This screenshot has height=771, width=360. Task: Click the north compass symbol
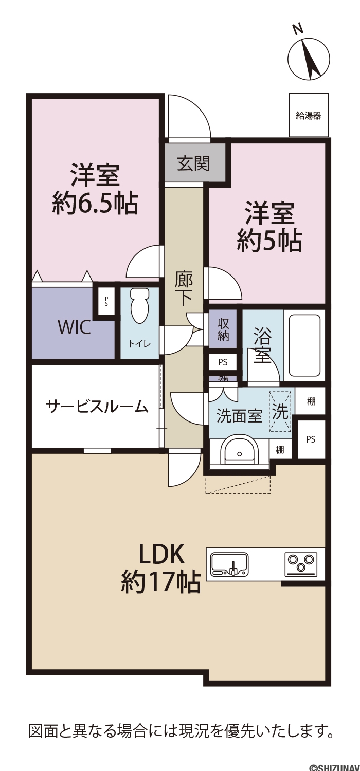(309, 59)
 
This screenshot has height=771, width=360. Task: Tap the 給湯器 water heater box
(309, 115)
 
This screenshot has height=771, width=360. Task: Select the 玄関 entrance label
(193, 163)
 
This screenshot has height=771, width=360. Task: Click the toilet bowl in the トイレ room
(139, 305)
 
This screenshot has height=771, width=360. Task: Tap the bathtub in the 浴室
(305, 345)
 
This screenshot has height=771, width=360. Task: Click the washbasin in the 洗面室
(239, 450)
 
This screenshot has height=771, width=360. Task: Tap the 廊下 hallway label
(183, 288)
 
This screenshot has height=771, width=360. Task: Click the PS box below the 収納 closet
(223, 362)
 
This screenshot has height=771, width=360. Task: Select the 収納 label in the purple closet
(223, 329)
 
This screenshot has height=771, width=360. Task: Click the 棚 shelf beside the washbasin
(280, 449)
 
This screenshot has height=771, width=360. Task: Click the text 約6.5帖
(96, 203)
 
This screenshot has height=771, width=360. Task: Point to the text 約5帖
(269, 240)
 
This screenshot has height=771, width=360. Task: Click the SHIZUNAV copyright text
(334, 767)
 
